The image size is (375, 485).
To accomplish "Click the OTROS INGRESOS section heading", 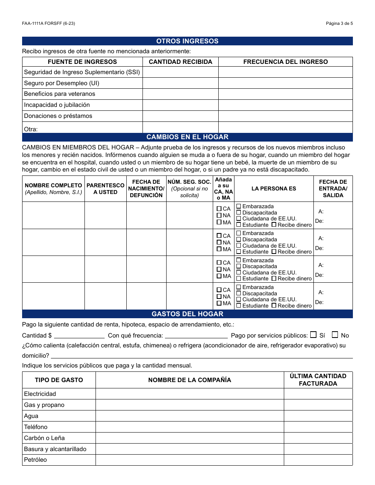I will point(187,41).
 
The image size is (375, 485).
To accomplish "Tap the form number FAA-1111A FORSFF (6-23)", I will point(49,23).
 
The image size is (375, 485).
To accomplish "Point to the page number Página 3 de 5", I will point(339,23).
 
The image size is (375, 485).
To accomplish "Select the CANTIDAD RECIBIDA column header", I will point(180,62).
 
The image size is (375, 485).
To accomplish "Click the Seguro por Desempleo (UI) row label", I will point(62,83).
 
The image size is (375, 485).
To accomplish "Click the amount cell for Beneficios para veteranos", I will point(180,94).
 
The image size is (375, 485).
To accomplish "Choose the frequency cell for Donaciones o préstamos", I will point(285,116).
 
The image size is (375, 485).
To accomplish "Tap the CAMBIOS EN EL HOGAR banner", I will point(187,137).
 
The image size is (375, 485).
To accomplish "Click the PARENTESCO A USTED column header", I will point(105,188).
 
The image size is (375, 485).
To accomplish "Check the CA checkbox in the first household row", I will point(219,209).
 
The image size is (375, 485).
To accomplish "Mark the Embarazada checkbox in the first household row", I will point(238,206).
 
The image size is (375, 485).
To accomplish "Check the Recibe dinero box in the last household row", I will point(274,305).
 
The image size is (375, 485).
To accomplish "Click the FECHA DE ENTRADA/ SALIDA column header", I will point(333,188).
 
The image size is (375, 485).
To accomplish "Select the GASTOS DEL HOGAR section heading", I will point(187,314).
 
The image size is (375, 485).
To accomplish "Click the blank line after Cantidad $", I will point(79,335).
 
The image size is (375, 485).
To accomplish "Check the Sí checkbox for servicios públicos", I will point(313,335).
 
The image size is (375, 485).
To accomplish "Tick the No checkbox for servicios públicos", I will point(335,335).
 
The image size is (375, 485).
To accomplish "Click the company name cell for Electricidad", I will point(189,394).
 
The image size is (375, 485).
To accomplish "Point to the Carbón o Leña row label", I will point(44,438).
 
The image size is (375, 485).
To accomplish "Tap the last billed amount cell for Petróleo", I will point(318,460).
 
